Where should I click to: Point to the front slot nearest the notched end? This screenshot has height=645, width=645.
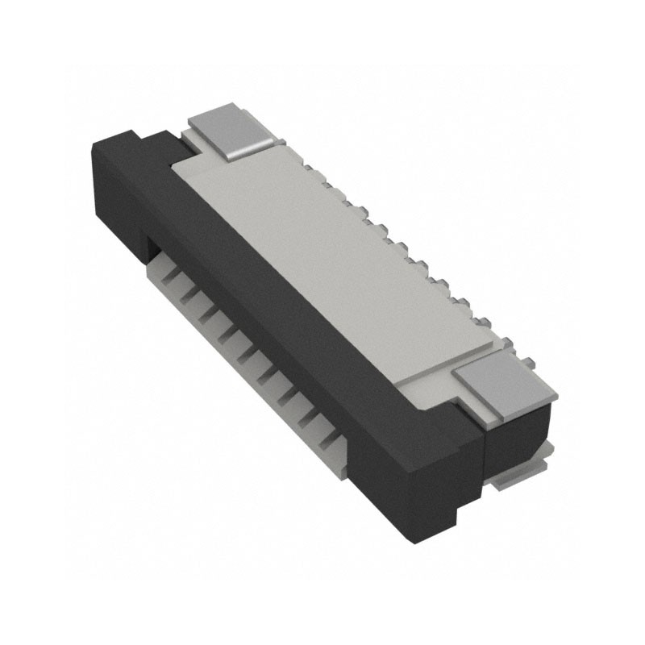point(171,279)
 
